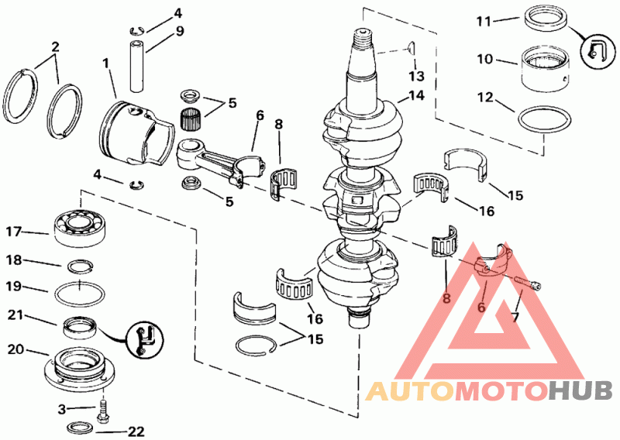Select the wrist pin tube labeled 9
click(x=137, y=66)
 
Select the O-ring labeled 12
click(x=543, y=119)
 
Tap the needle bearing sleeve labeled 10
click(x=545, y=69)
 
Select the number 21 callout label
click(x=17, y=315)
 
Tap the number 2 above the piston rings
click(x=55, y=46)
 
